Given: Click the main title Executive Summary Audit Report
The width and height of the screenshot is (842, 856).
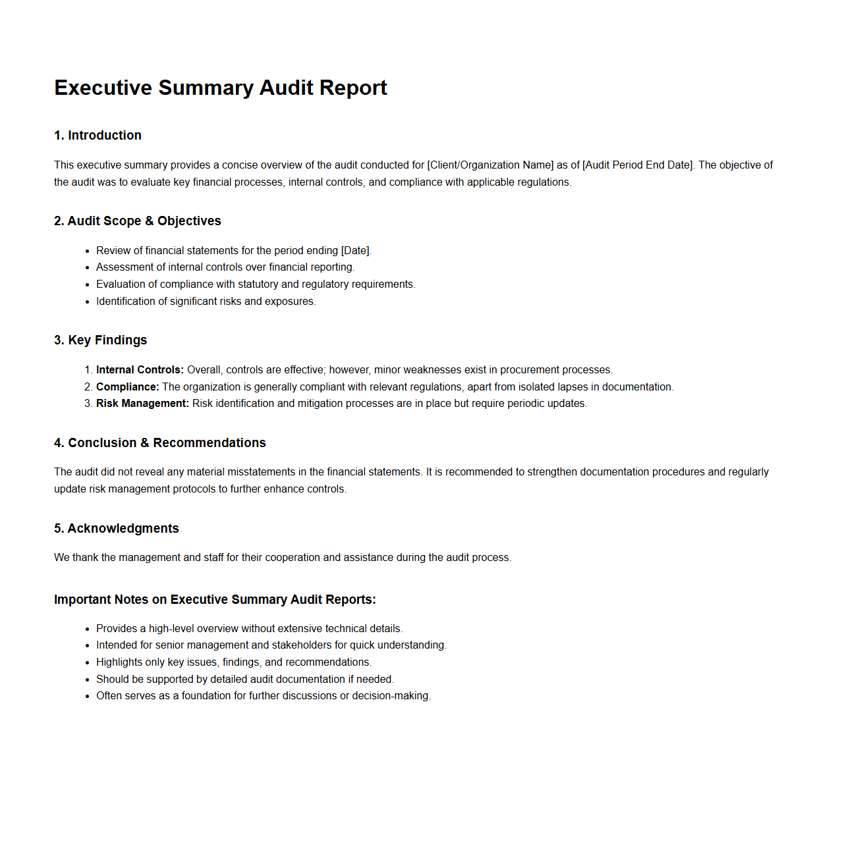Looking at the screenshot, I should point(220,88).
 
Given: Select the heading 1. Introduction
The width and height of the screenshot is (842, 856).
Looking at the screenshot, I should point(98,135).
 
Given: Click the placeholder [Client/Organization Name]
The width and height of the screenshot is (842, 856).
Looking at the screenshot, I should point(490,165).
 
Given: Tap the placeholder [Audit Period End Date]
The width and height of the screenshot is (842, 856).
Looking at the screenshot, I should point(638,165).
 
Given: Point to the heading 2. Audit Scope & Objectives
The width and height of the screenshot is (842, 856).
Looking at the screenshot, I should point(137,221).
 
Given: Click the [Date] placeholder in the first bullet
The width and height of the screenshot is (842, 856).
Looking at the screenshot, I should point(356,250).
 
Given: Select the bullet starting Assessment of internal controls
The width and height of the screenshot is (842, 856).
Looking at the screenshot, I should point(225,267).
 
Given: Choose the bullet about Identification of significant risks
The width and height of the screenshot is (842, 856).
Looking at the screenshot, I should point(206,301).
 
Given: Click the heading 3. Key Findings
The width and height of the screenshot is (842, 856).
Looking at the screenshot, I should point(100,340).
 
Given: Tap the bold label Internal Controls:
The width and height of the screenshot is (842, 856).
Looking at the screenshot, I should point(140,369).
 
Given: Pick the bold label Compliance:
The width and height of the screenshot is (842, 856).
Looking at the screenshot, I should point(127,387).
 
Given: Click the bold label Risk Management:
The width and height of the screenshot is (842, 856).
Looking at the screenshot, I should point(142,403).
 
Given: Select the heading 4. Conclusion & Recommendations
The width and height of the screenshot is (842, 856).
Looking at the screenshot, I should point(159,442).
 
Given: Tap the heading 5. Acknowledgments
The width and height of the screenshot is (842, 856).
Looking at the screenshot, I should point(116,528).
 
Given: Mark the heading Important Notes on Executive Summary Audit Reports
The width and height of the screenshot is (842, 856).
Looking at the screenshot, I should point(215,599).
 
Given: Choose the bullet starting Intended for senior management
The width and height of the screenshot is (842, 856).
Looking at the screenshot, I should point(271,645).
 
